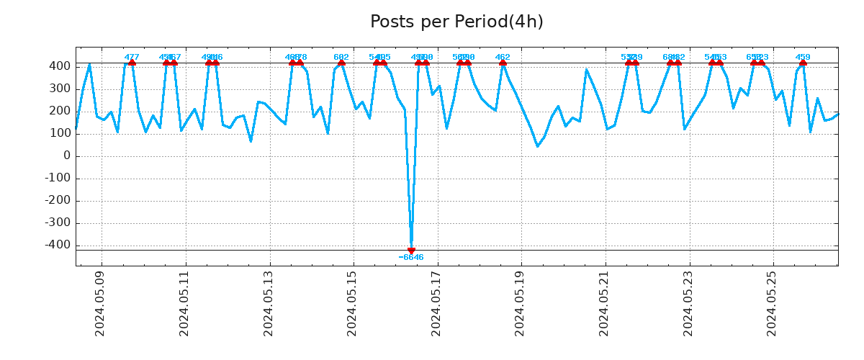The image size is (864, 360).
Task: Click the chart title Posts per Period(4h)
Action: tap(456, 22)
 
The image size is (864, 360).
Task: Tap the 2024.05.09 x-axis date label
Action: tap(101, 303)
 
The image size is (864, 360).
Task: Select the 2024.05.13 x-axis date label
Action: tap(269, 303)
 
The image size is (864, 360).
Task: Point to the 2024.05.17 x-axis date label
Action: tap(436, 303)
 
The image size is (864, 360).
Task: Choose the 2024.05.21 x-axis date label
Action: tap(605, 303)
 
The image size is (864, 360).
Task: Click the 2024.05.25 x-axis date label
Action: tap(773, 303)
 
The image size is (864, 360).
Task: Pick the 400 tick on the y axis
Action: tap(60, 66)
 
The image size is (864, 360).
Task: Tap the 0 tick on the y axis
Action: tap(67, 156)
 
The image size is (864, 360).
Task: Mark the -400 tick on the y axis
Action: tap(58, 246)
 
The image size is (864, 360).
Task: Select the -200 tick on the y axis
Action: tap(58, 201)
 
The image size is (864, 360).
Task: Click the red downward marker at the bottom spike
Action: tap(411, 251)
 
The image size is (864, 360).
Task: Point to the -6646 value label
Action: tap(411, 258)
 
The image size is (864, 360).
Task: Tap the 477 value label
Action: tap(132, 58)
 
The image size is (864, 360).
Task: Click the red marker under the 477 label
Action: tap(132, 63)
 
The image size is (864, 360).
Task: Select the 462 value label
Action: tap(503, 58)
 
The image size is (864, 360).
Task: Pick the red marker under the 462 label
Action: tap(503, 63)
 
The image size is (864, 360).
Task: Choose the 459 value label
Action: tap(803, 58)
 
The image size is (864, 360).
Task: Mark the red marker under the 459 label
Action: tap(803, 63)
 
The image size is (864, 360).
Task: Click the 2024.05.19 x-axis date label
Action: tap(521, 303)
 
